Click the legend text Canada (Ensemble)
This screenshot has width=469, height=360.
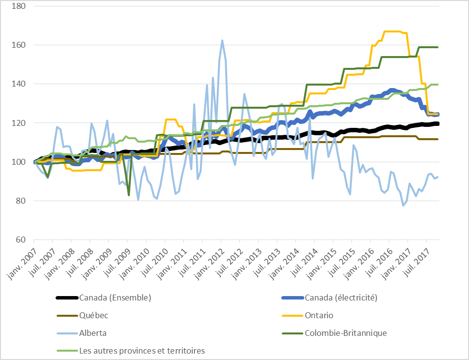[115, 298]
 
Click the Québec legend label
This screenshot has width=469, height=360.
[93, 315]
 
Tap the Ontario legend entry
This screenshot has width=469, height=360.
[319, 315]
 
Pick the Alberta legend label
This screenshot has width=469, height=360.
[93, 333]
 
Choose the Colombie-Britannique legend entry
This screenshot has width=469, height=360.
[346, 333]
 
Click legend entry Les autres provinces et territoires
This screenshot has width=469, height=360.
[142, 351]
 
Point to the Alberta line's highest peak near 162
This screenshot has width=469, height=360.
[222, 40]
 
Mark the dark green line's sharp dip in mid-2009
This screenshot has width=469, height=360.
[129, 195]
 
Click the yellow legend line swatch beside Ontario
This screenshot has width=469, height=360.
[292, 315]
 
